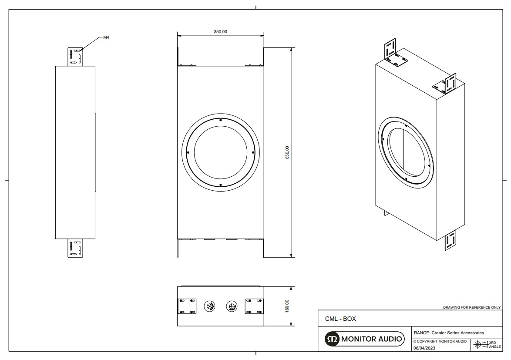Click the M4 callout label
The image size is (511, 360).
tap(106, 37)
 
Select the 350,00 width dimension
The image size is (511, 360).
tap(221, 31)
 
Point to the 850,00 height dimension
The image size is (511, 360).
tap(287, 152)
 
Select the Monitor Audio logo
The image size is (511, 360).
tap(365, 339)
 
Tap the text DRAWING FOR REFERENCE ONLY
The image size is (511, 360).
tap(472, 307)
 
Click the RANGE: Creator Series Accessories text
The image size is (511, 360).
tap(448, 333)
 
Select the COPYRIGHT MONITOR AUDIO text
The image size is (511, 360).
tap(440, 341)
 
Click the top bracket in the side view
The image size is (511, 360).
tap(75, 57)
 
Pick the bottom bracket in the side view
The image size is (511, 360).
tap(75, 248)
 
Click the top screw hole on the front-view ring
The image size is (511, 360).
tap(221, 120)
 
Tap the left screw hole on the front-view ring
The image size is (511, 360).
tap(188, 152)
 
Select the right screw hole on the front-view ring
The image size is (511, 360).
tap(253, 152)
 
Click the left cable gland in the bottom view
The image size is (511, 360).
tap(210, 306)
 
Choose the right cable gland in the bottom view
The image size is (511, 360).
tap(232, 306)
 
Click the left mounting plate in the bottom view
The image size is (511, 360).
tap(187, 306)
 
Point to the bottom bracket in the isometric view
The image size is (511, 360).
tap(450, 240)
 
